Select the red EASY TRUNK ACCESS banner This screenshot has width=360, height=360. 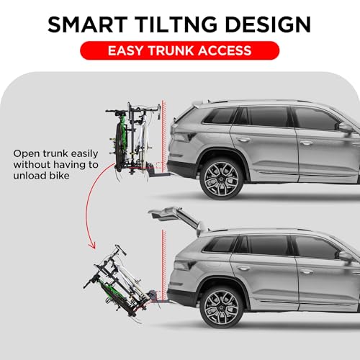179,50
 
